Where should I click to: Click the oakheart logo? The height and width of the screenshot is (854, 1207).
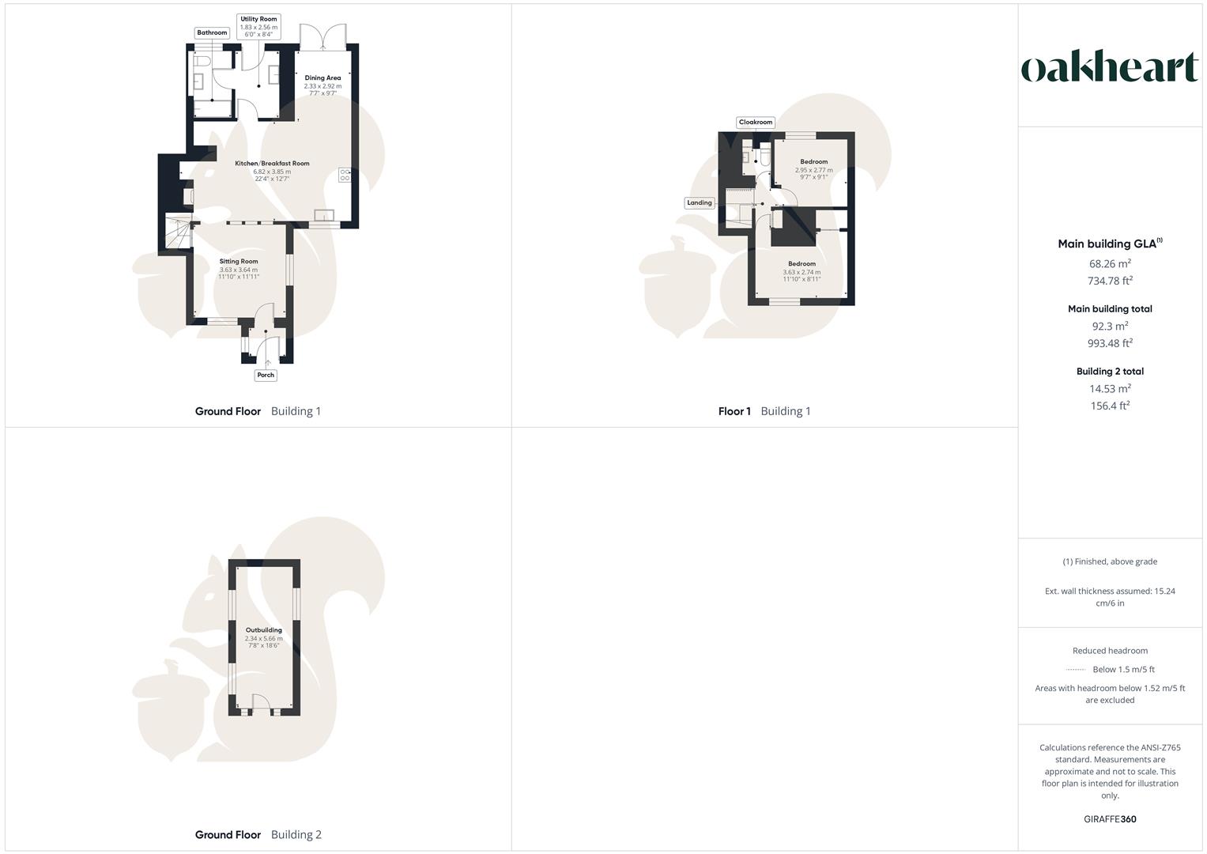[1110, 68]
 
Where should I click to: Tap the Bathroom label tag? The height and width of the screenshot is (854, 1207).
[212, 33]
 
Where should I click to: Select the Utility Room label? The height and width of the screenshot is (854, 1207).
[258, 19]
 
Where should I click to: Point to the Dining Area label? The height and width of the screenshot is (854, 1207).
[322, 78]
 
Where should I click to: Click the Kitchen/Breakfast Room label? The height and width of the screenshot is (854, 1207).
[272, 164]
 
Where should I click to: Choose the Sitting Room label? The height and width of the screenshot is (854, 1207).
[239, 262]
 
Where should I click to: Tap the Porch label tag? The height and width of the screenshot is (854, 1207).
[266, 376]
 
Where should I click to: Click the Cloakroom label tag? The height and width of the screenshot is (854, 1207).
[755, 123]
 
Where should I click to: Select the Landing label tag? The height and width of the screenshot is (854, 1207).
[699, 203]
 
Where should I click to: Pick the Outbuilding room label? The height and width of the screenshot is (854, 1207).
[263, 630]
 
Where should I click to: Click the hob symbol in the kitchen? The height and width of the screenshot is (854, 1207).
[345, 175]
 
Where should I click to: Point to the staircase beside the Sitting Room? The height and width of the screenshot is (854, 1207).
[179, 234]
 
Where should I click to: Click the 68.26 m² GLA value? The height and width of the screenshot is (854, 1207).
[1110, 264]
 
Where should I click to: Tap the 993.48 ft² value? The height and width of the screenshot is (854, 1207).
[1110, 343]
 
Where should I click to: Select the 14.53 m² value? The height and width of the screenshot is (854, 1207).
[1110, 388]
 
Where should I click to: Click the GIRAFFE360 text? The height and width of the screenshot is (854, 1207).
[1110, 819]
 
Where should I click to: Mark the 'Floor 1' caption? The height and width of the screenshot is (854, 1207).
[734, 411]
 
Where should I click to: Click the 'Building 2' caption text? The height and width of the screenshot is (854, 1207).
[296, 835]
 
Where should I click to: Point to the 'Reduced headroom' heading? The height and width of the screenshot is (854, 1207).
[1110, 651]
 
